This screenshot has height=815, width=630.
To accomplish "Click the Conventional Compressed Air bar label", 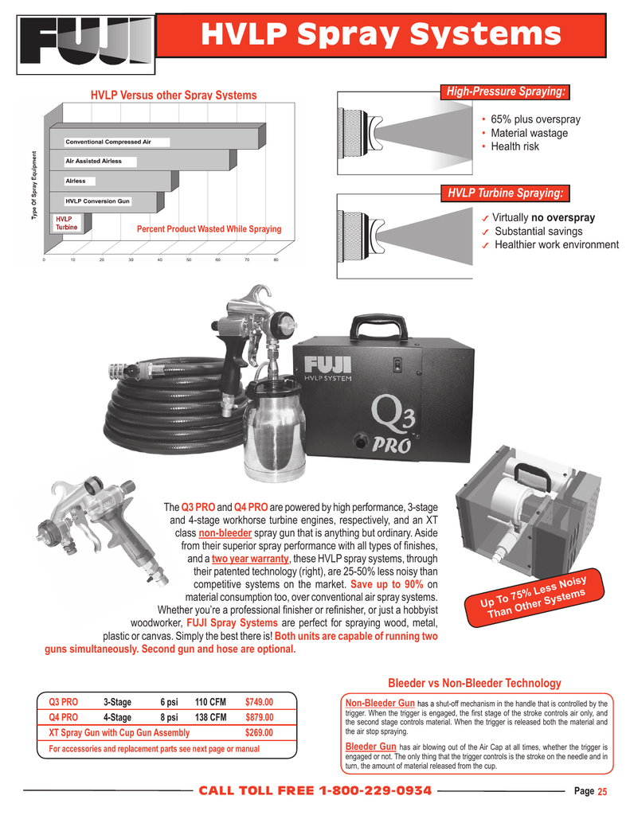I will click(108, 142).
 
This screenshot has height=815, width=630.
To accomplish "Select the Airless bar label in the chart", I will click(76, 181).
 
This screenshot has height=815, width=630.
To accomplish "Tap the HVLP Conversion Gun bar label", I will click(97, 201).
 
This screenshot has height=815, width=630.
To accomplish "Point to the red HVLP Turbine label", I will click(65, 222).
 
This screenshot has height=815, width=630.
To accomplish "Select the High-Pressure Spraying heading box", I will click(506, 93).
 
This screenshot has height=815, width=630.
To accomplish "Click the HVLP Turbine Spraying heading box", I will click(506, 193).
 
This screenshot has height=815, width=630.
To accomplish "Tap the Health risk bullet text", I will click(515, 146).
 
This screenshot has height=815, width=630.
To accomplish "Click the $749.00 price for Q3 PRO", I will click(259, 702).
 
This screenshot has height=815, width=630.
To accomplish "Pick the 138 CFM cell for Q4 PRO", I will click(211, 717).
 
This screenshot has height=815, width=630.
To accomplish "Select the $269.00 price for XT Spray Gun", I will click(259, 732).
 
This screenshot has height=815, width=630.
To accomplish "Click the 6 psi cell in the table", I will click(169, 702).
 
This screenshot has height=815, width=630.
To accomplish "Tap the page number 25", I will click(602, 791).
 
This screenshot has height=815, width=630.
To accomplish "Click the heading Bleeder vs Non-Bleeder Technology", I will click(474, 683).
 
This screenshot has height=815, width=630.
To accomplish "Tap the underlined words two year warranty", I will click(250, 558).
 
